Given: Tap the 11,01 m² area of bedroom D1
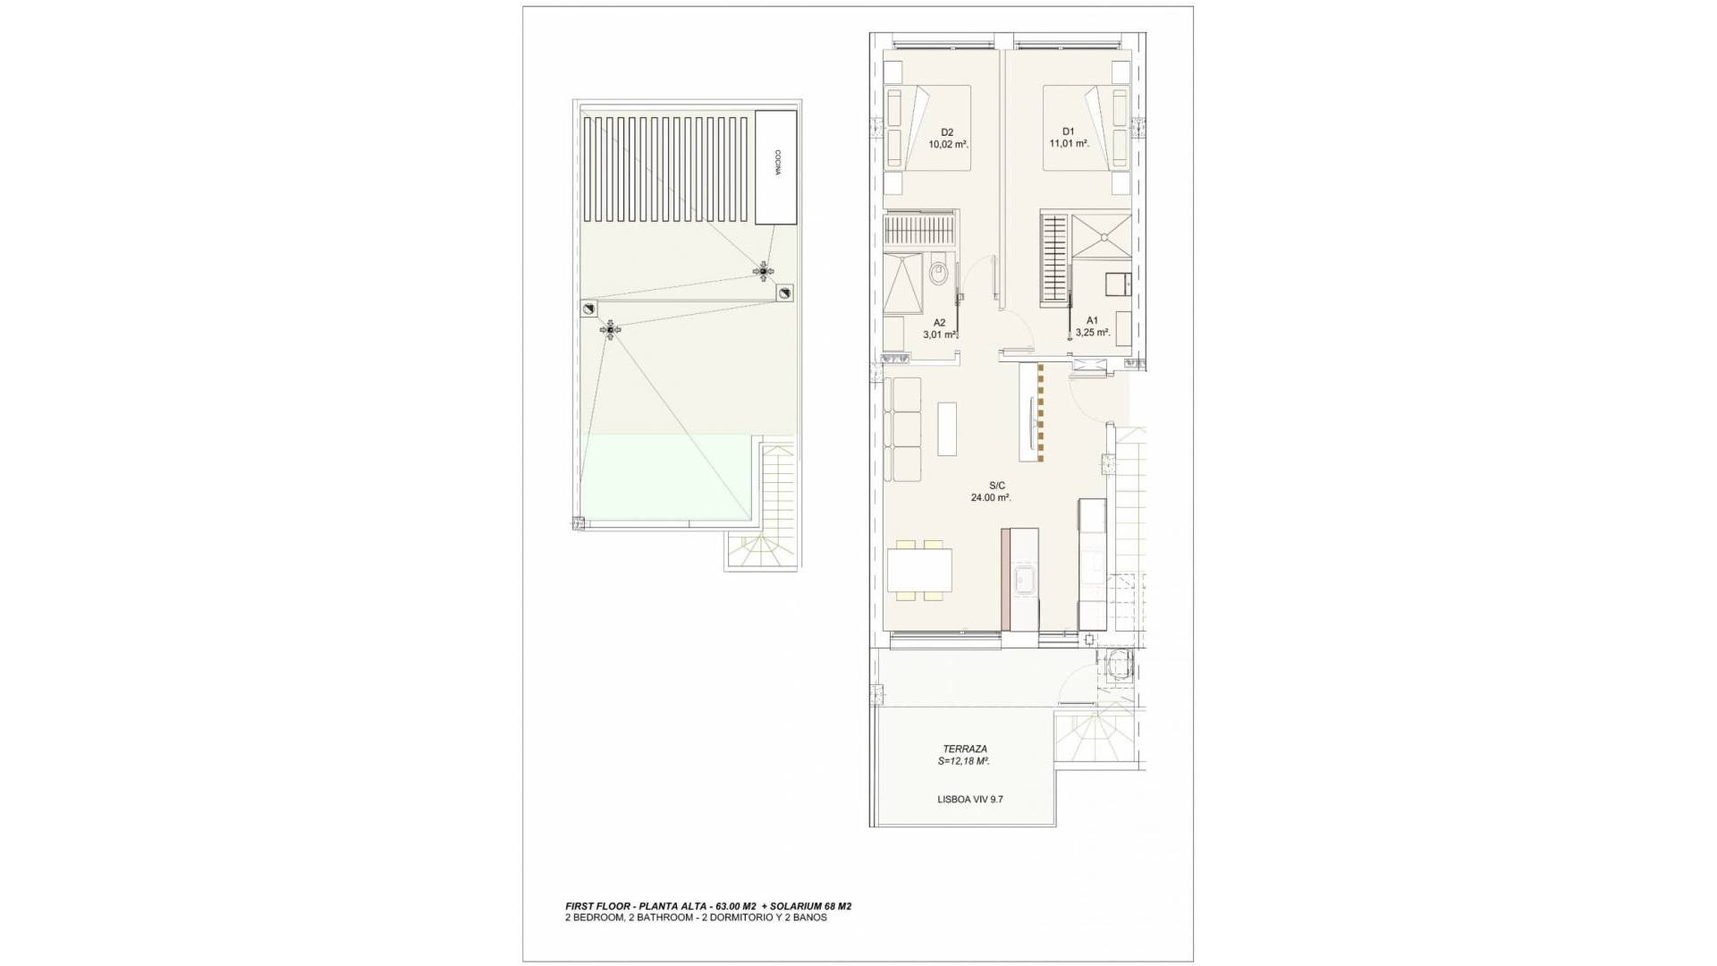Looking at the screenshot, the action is coord(1068,143).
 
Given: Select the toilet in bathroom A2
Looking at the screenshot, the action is coord(937,272).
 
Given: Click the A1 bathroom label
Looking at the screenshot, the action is coord(1092,320).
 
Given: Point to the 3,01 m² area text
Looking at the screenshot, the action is coord(941,335).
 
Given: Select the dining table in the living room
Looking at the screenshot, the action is coord(919,570).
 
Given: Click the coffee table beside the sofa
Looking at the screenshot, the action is coord(946,429).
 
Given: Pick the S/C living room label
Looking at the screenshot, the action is coord(991,486).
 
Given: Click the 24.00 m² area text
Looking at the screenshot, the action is coord(991,498).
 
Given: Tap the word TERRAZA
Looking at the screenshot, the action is coord(965,749).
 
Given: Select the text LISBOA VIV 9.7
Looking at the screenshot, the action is coord(970,800).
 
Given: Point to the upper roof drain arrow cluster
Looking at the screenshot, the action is coord(762,269).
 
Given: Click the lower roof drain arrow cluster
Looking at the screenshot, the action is coord(611,331).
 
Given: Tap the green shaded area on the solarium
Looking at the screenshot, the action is coord(666,479).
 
